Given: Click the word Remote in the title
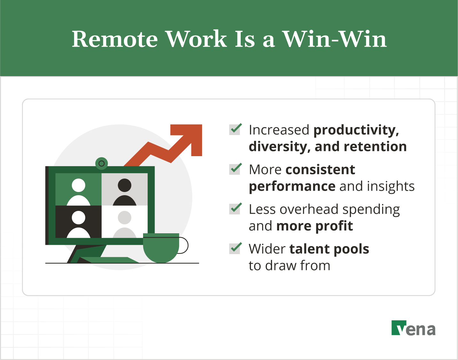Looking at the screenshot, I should tap(115, 39).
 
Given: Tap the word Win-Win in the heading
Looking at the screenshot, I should tap(334, 39).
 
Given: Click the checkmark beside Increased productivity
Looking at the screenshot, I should tap(235, 129).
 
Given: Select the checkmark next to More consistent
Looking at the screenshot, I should tap(235, 169).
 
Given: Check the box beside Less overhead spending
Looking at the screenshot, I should tap(235, 208).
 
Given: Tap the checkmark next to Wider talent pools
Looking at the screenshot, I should tap(235, 248).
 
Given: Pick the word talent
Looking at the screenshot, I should tap(309, 249).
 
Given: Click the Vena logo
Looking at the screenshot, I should tap(413, 328).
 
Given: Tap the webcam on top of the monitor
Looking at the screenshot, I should tap(101, 164).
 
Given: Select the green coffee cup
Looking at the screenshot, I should tap(161, 248).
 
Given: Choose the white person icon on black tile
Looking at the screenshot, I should tap(78, 224).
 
